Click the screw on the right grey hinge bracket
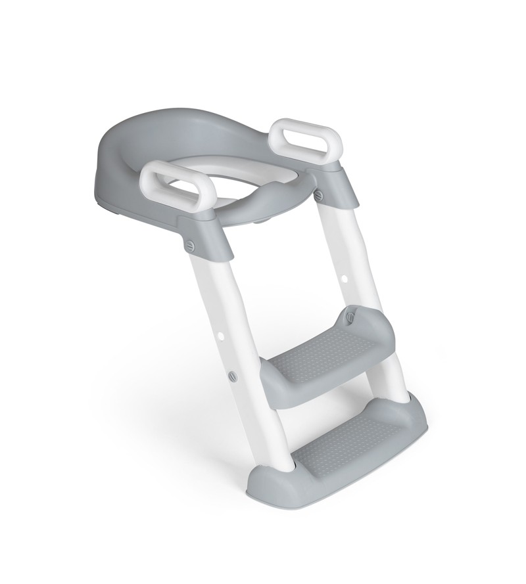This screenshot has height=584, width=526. coord(320,195)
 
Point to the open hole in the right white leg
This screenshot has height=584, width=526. coord(345,280)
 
